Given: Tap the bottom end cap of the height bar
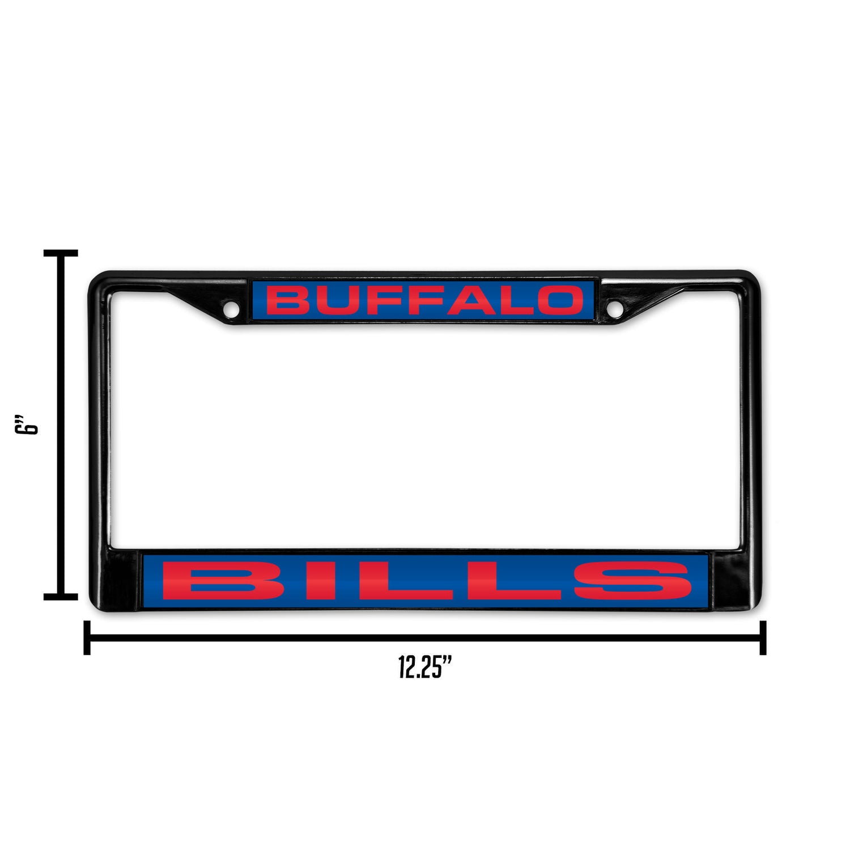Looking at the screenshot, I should tap(61, 596).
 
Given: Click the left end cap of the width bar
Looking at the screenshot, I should tap(87, 637).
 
